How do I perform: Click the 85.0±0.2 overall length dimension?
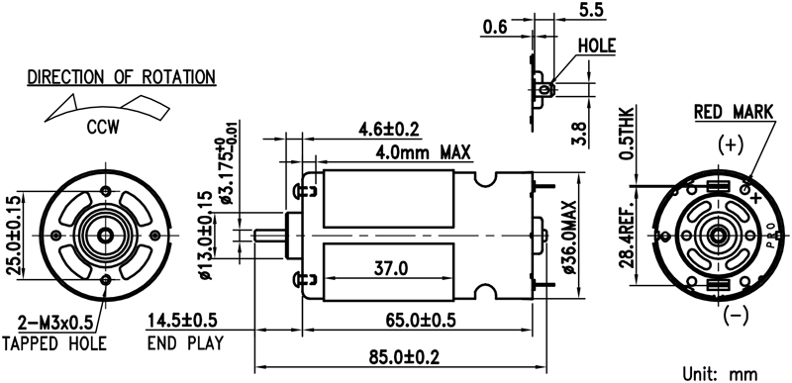(404, 358)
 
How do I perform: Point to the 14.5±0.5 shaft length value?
(182, 320)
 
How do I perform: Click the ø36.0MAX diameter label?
(570, 238)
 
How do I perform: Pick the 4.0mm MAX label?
(423, 150)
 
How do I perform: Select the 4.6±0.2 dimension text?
(389, 130)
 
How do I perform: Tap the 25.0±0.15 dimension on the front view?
(15, 235)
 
